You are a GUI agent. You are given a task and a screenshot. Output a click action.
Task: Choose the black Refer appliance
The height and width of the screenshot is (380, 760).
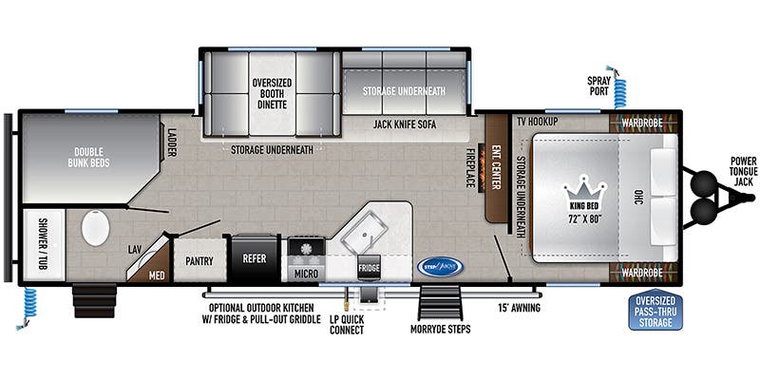(x=254, y=257)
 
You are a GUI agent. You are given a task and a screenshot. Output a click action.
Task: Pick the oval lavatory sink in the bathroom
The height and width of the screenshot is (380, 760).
(x=96, y=229)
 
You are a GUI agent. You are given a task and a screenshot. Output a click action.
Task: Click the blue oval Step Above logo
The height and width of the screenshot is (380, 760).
(x=440, y=266)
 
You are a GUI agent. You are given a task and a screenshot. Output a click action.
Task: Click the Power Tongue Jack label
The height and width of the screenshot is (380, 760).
(x=737, y=171)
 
